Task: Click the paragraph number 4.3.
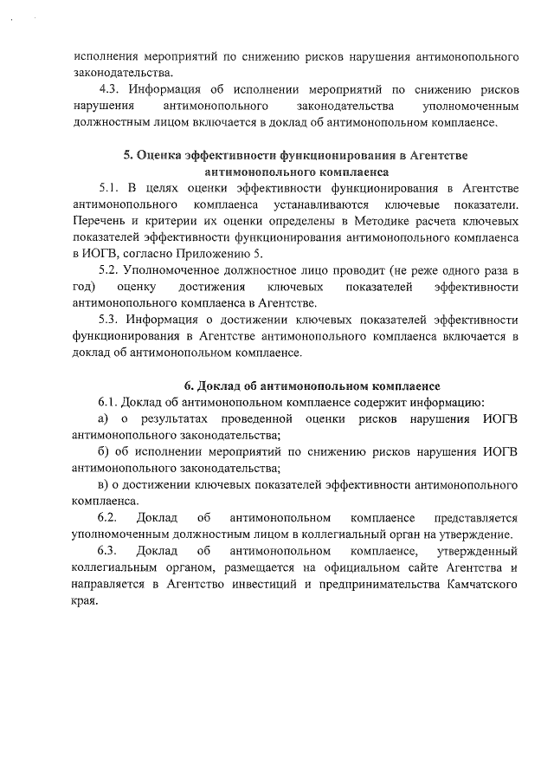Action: point(109,89)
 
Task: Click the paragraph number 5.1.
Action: point(109,188)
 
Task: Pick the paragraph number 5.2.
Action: point(109,270)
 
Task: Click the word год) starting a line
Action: point(83,287)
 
